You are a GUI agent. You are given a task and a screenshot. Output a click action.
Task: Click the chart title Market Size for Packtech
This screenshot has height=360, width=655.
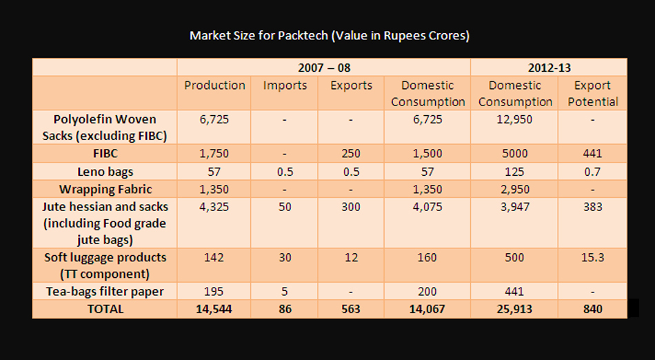click(329, 36)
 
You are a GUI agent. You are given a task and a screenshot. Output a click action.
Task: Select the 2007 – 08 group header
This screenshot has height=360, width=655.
click(323, 68)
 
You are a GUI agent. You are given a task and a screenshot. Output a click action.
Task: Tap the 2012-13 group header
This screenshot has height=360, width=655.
click(549, 68)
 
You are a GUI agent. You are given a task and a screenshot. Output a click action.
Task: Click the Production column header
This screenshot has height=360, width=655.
click(214, 86)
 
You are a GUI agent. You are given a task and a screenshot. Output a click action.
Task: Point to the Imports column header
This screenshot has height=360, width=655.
click(284, 86)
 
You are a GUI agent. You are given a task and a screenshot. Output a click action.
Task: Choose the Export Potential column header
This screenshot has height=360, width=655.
click(592, 93)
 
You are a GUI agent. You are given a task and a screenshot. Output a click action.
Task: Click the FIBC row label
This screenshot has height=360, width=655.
click(105, 153)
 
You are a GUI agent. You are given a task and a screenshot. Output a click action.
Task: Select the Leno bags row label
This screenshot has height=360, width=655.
click(105, 171)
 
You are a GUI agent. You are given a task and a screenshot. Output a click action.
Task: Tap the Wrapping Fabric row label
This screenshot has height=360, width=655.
click(105, 188)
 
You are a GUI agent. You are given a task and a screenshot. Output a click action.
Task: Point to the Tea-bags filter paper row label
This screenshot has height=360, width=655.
click(105, 291)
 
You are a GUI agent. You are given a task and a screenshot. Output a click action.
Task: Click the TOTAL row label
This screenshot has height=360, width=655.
click(105, 309)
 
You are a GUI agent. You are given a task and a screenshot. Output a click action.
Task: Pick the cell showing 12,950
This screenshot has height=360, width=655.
click(515, 119)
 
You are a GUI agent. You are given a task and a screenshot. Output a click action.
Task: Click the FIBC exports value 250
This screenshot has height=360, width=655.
click(351, 153)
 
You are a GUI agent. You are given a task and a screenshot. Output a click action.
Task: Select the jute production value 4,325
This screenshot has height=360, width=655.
click(214, 206)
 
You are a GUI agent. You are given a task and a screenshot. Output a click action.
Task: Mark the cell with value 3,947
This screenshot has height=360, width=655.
click(515, 206)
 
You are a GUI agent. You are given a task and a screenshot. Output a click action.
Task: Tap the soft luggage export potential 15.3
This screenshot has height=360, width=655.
click(592, 257)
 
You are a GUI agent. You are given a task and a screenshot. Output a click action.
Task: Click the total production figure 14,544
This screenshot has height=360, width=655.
click(214, 309)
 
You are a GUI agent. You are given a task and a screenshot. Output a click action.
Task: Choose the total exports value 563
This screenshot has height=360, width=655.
click(351, 309)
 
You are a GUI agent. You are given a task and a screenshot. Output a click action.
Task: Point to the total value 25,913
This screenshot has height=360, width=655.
click(515, 309)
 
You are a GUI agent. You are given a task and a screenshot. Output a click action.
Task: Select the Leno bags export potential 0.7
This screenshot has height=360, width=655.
click(592, 171)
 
